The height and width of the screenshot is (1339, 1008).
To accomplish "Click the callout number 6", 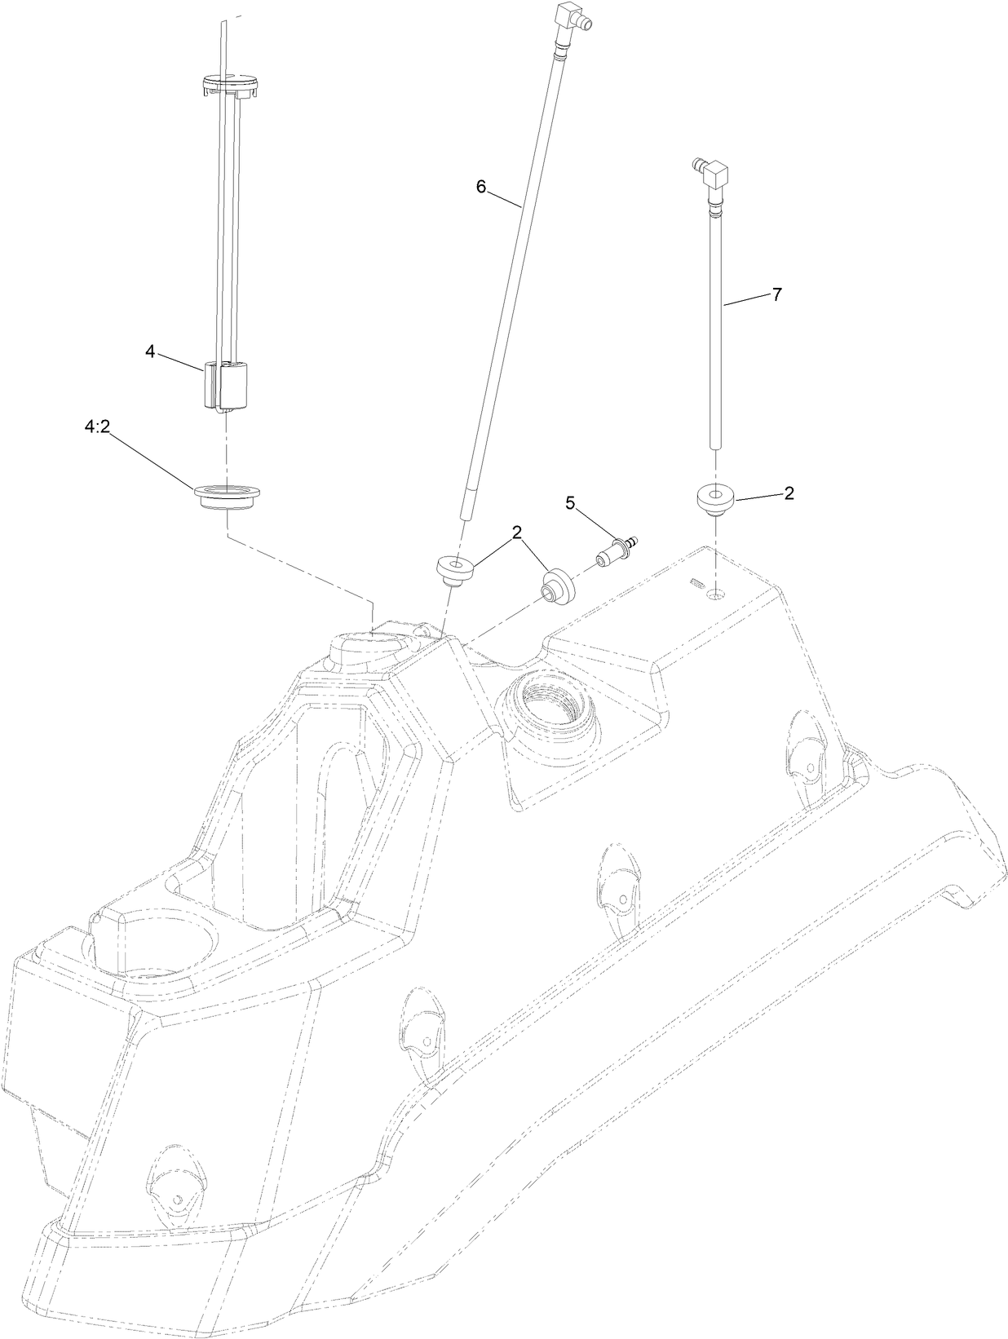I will coord(480,187).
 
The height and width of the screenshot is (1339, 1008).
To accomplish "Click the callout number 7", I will coord(776,295).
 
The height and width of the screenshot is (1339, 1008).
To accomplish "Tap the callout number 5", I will coord(570,504).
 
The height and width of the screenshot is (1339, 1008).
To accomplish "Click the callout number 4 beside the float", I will coord(150,351).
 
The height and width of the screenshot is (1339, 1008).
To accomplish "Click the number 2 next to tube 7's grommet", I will coord(789,493).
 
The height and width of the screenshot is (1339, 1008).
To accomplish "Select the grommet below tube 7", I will coord(715,498).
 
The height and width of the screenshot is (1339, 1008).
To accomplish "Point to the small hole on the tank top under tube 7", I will coord(715,596).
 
